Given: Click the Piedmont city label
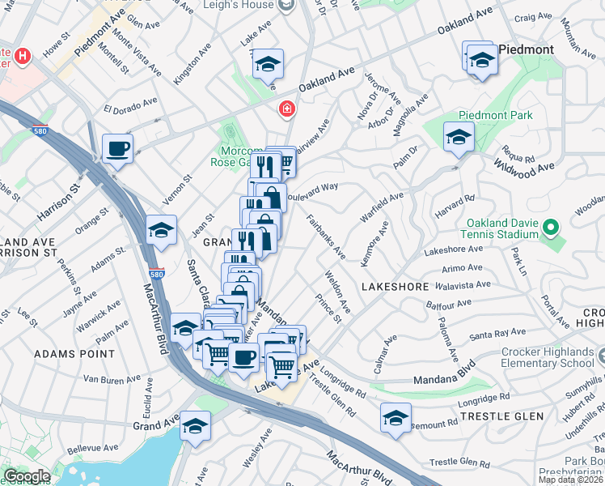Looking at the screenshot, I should [527, 49].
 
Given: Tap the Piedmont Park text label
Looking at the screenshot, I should [496, 115].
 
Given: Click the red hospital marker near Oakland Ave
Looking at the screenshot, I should [286, 109].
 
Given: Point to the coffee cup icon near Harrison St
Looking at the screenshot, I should [118, 149].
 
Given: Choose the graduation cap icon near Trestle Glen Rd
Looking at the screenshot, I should [395, 418].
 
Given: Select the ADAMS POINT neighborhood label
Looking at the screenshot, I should [64, 354].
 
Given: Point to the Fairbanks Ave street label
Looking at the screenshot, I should [327, 236].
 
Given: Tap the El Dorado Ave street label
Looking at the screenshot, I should [130, 107].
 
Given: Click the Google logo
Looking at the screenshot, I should [27, 476].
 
